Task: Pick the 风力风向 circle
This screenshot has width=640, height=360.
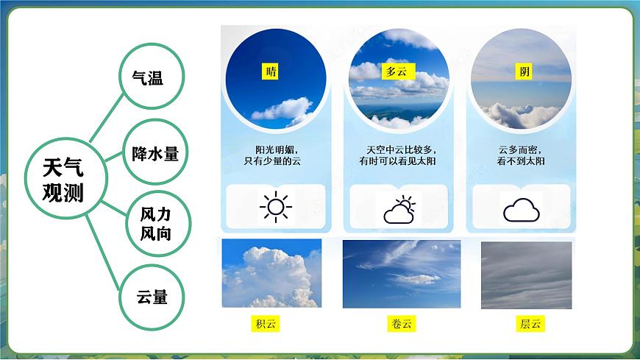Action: click(154, 224)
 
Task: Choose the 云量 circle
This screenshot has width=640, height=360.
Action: click(152, 296)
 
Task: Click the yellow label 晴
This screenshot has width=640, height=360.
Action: click(271, 71)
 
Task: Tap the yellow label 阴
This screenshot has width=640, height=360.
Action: click(524, 71)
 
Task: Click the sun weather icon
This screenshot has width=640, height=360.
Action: click(276, 207)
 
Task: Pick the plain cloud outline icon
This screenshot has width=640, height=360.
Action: click(522, 210)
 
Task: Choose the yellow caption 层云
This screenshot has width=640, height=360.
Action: click(530, 323)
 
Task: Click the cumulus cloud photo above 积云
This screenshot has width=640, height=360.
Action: click(271, 273)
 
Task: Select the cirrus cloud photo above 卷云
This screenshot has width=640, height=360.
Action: click(401, 273)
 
